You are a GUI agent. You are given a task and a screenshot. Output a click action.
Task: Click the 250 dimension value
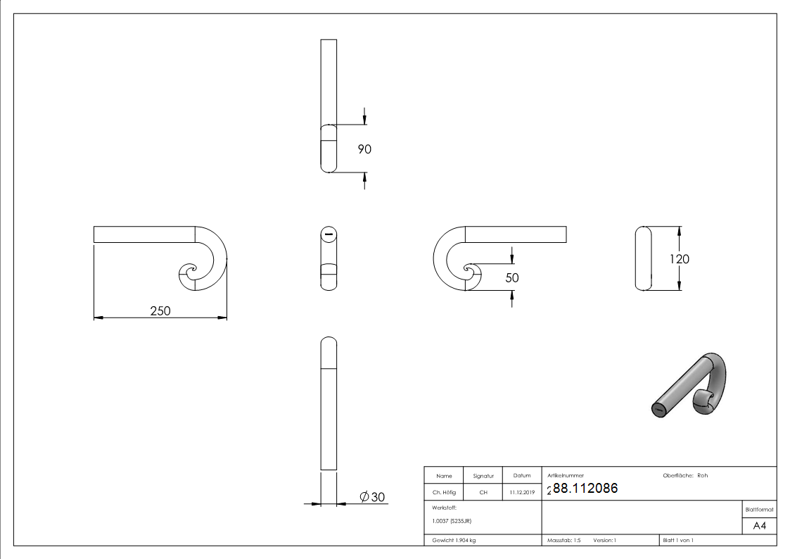click(x=160, y=310)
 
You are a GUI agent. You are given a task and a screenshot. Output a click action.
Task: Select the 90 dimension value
click(x=364, y=149)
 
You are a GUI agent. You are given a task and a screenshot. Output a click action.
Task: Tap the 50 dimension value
click(x=512, y=278)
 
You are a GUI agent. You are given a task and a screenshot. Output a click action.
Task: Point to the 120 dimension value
click(x=680, y=258)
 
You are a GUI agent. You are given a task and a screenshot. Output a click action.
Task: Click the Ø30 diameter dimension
click(x=372, y=497)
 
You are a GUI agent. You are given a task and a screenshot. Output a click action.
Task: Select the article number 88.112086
click(x=585, y=489)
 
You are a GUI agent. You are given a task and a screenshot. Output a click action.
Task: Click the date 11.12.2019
click(x=522, y=492)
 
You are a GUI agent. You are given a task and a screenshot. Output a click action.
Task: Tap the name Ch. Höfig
click(x=444, y=492)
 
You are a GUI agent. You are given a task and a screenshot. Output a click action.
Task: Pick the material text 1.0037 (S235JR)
click(x=452, y=521)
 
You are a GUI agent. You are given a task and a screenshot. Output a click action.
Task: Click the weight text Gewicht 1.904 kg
click(x=454, y=540)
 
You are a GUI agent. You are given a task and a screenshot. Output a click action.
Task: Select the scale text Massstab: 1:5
click(x=564, y=540)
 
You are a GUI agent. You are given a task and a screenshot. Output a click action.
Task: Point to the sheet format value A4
click(x=759, y=525)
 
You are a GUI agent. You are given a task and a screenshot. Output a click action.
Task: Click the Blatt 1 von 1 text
click(x=678, y=540)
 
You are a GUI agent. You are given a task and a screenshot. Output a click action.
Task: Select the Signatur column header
click(x=483, y=476)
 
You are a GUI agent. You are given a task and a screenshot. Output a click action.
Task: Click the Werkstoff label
click(x=445, y=507)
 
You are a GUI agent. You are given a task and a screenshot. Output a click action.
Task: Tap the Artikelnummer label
click(x=566, y=475)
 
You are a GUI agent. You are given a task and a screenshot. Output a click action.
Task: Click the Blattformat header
click(x=759, y=509)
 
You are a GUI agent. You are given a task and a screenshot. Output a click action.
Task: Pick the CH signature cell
click(x=483, y=492)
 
